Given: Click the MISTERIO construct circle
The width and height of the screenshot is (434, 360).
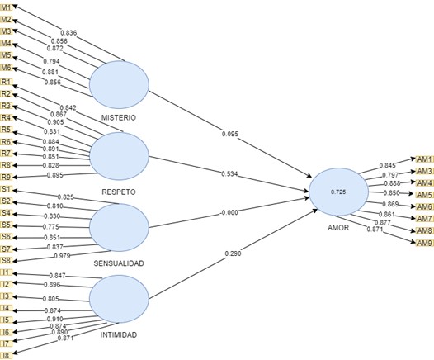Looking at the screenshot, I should click(x=119, y=85).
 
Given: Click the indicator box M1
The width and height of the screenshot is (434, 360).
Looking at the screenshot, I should click(x=7, y=7).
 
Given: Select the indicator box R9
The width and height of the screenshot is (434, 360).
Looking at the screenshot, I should click(x=7, y=176).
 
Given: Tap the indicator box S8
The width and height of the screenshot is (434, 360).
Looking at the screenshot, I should click(x=7, y=259).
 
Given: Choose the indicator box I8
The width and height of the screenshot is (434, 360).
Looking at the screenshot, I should click(x=7, y=355).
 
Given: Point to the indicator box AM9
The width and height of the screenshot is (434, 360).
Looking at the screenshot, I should click(x=425, y=243).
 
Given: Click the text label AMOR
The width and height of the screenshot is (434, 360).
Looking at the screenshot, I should click(x=337, y=226).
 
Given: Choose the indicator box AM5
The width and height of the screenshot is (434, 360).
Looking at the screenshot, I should click(x=425, y=194).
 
